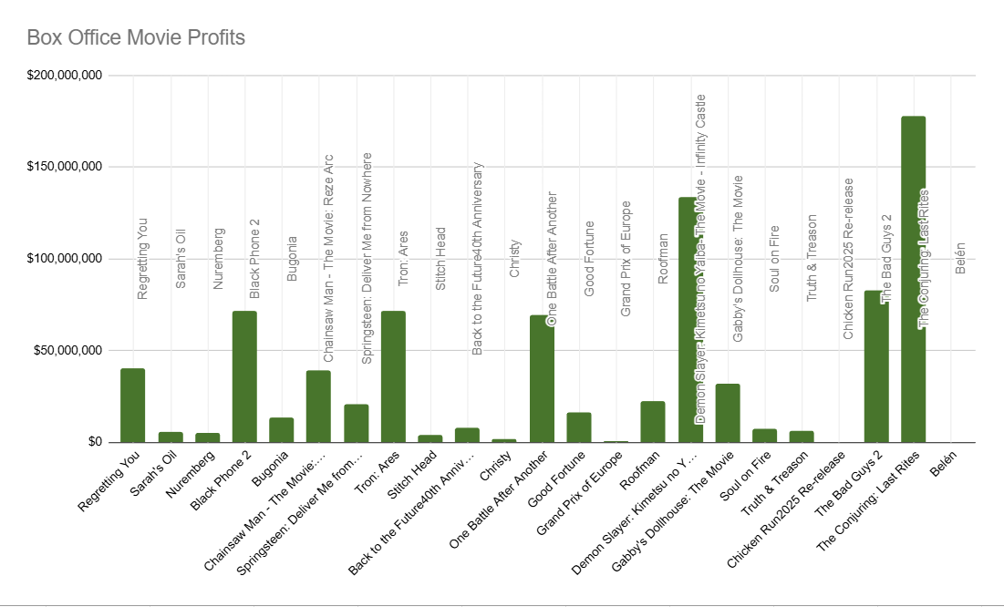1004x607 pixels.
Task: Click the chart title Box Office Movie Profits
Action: click(136, 38)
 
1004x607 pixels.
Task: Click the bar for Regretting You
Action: click(133, 406)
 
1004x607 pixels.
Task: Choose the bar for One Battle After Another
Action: click(542, 379)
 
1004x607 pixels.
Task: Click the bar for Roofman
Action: click(653, 422)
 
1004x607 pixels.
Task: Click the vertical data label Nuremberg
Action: click(217, 259)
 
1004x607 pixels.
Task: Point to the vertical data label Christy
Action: click(515, 259)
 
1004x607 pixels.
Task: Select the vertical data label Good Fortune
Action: click(589, 246)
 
